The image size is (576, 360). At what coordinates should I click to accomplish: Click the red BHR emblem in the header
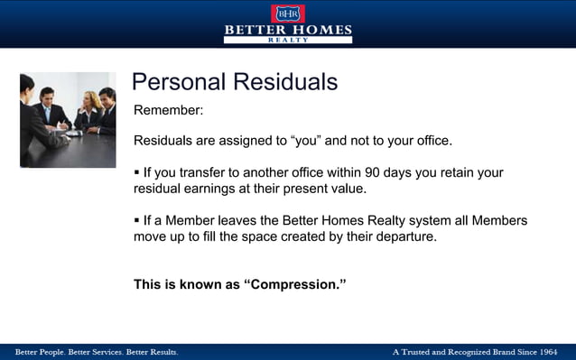288,13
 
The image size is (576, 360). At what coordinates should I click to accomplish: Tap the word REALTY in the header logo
288,41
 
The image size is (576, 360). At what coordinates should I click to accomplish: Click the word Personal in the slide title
179,82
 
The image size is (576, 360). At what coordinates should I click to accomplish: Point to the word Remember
168,111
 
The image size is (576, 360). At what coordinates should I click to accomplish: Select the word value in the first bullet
344,189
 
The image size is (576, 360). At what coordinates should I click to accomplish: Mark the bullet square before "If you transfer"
136,171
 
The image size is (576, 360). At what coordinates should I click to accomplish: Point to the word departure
406,237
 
